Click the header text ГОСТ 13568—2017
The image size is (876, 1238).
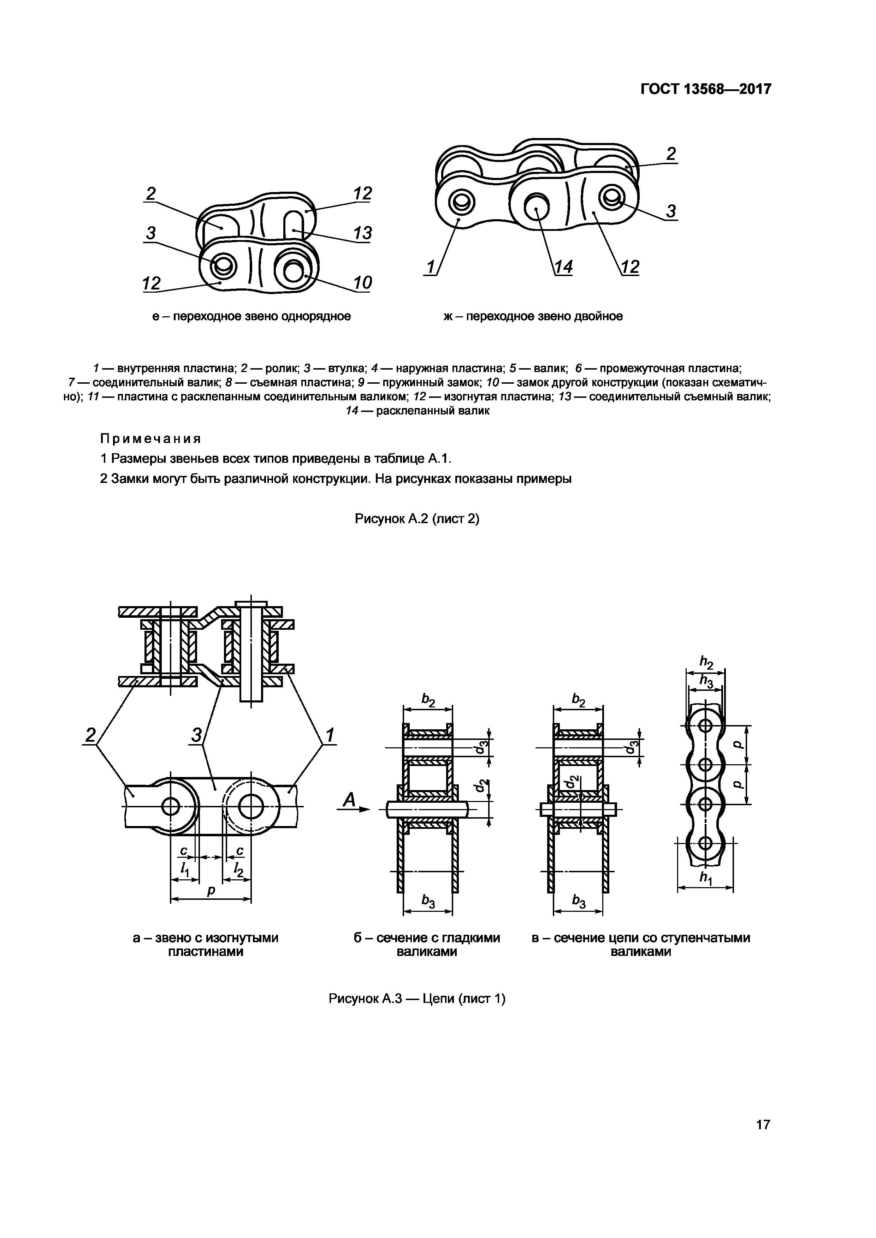coord(705,89)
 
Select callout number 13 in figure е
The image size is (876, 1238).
coord(362,233)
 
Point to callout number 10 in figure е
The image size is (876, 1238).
coord(362,282)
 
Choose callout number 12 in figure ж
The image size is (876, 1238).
coord(629,267)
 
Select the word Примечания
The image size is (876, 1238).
coord(150,438)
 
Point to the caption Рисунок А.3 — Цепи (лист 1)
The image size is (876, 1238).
coord(417,999)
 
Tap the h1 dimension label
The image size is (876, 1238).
coord(705,878)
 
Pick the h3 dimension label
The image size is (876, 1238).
coord(706,682)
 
